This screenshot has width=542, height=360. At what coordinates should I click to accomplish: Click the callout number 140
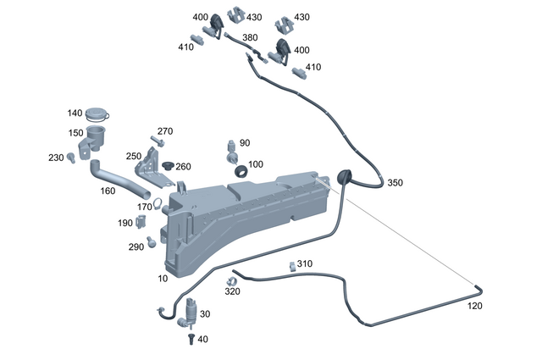[75, 114]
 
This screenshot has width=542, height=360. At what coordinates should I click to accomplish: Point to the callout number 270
[165, 131]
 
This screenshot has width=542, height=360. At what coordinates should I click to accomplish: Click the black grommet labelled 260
[168, 163]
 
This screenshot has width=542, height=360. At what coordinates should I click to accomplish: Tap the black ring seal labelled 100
[241, 172]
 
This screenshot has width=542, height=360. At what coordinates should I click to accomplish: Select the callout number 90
[245, 143]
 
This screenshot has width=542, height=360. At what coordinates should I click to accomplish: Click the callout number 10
[163, 279]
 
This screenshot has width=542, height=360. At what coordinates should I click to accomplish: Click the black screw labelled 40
[191, 338]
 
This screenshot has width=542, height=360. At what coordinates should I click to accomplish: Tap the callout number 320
[233, 291]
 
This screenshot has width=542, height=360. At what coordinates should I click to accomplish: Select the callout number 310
[305, 263]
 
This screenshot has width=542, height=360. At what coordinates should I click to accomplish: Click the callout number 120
[476, 306]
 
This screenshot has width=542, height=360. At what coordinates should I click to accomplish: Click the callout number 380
[250, 38]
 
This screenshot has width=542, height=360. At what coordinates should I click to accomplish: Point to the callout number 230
[56, 158]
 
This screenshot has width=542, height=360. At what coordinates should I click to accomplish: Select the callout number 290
[136, 246]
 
